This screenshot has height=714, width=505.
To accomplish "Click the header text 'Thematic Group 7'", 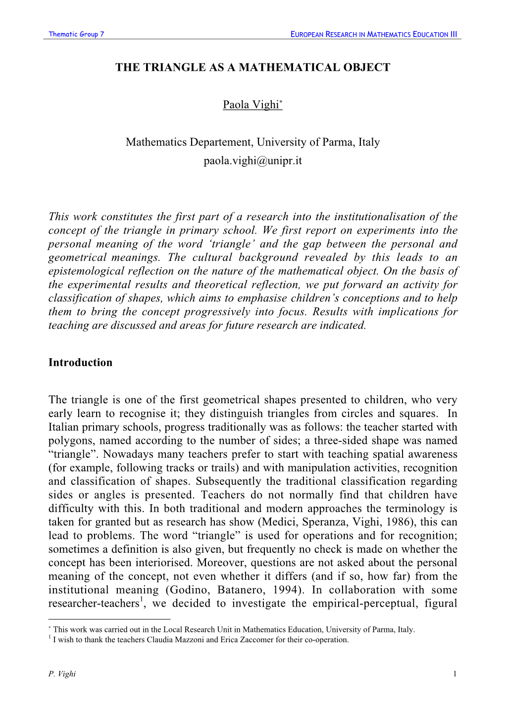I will point(76,34).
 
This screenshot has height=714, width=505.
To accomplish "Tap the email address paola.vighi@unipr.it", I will point(252,161).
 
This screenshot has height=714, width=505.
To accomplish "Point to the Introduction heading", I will point(80,362).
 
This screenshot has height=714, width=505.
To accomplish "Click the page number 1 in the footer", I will point(454,674).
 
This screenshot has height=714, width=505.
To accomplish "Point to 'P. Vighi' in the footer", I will point(62,674).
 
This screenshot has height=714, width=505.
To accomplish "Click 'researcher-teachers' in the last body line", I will point(94,604).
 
